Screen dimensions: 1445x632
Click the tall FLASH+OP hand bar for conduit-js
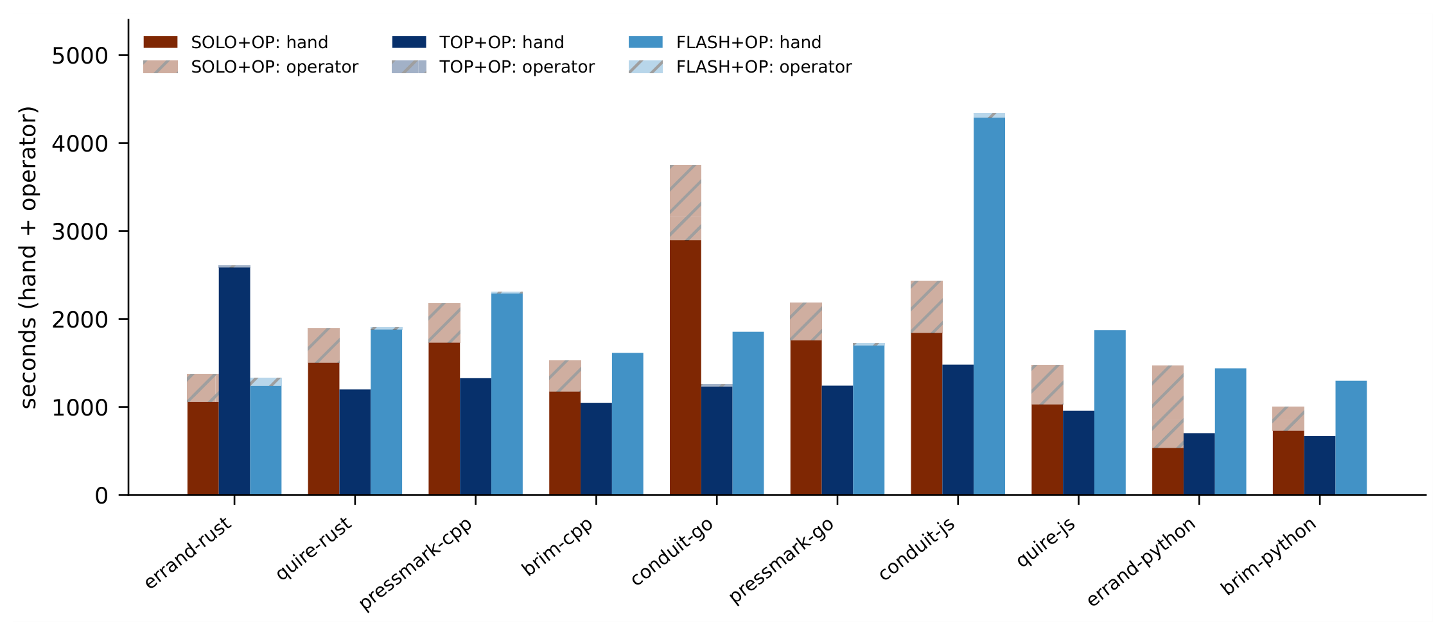(x=989, y=306)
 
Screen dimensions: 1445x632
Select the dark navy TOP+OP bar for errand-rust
(x=234, y=381)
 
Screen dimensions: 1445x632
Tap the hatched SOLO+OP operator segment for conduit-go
(x=685, y=203)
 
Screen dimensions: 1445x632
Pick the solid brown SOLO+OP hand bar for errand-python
(x=1168, y=471)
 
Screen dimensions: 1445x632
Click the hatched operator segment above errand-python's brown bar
(x=1168, y=407)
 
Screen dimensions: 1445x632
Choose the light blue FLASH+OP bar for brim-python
(x=1351, y=437)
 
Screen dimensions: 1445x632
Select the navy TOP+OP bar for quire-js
(x=1079, y=453)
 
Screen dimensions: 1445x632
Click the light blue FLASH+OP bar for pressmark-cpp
(x=507, y=394)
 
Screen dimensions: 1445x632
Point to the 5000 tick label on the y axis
(x=80, y=56)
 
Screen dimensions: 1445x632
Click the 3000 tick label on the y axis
(x=80, y=232)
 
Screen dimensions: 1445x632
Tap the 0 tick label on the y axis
(x=101, y=496)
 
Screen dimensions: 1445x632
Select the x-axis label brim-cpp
(x=557, y=546)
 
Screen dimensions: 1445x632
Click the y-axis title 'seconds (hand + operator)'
(x=29, y=258)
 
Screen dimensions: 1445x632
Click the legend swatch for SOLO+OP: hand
(x=161, y=42)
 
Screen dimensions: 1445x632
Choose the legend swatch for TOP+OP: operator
(x=409, y=67)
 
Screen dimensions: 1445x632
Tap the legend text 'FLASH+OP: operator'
(x=764, y=67)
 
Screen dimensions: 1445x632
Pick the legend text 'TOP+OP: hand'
(x=502, y=42)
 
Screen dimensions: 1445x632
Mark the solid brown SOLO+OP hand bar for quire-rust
(x=324, y=428)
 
